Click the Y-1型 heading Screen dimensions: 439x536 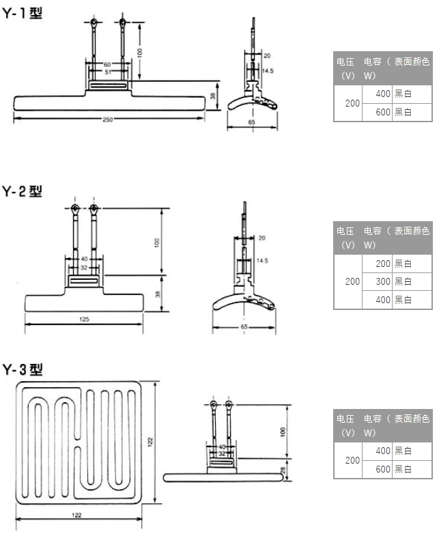23,14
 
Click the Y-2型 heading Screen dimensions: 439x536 23,191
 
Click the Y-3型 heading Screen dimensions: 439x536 23,369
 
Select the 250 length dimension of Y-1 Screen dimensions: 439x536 108,119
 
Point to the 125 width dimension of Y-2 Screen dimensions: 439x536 84,320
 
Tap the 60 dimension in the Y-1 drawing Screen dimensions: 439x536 107,65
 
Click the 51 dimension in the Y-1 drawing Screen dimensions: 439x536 108,72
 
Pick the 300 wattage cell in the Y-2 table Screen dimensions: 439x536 383,282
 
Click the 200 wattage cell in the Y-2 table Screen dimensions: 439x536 383,264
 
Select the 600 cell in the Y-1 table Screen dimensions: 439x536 383,112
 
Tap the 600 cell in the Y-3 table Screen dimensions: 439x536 383,469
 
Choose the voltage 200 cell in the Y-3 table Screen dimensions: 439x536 352,460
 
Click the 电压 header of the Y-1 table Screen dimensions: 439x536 345,62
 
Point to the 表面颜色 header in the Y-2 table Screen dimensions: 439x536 412,231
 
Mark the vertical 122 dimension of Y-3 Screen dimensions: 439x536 150,442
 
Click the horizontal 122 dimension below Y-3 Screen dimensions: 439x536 76,515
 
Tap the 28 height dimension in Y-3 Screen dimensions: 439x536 283,470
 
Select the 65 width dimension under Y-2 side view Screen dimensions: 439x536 244,327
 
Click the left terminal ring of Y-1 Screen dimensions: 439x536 94,23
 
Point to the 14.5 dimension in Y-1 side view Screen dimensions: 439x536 268,71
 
